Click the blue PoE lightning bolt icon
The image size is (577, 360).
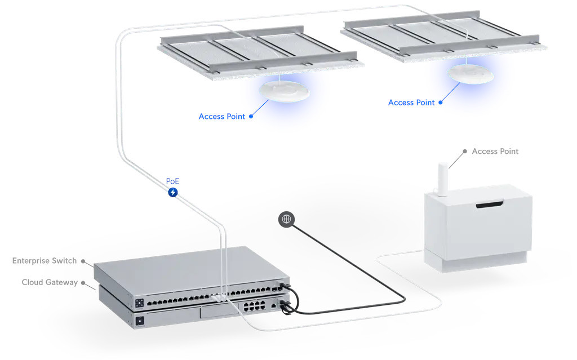click(x=173, y=193)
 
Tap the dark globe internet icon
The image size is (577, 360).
click(x=286, y=219)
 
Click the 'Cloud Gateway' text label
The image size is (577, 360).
click(x=50, y=282)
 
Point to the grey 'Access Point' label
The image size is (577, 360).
click(x=495, y=151)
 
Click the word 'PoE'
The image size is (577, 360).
click(x=172, y=181)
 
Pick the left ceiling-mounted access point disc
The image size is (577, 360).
click(x=284, y=91)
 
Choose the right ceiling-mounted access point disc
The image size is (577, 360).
click(x=470, y=73)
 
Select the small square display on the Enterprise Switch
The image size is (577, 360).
click(x=138, y=303)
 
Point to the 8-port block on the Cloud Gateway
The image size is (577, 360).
click(x=254, y=307)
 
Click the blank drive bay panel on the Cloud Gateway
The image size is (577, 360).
click(x=217, y=314)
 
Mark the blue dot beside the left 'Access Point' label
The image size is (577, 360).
click(x=251, y=117)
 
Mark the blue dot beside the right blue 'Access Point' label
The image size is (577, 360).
click(x=441, y=103)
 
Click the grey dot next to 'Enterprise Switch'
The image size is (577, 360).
click(x=83, y=261)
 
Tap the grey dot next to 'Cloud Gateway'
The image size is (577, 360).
click(x=83, y=282)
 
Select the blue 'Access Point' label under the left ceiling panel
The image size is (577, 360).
click(x=222, y=117)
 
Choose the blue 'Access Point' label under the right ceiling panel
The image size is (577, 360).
click(x=411, y=103)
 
